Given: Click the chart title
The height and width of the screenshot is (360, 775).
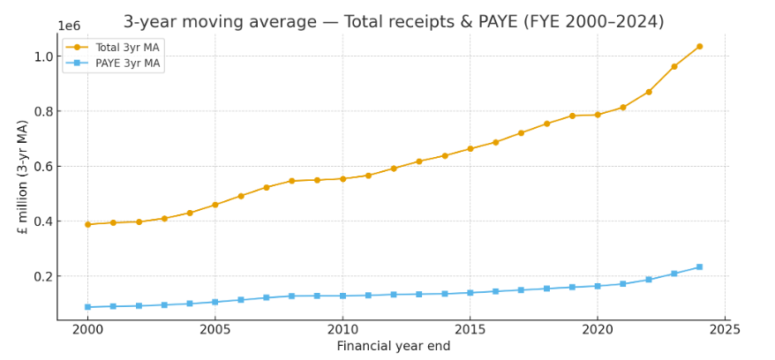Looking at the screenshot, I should coord(393,22).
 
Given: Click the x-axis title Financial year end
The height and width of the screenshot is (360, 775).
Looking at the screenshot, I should coord(393,346).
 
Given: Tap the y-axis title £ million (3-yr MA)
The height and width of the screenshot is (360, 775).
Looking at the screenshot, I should coord(23,176).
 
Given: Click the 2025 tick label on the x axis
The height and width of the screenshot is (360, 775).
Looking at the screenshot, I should coord(724,329).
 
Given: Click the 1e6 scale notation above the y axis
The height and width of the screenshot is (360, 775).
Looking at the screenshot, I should coord(69,26).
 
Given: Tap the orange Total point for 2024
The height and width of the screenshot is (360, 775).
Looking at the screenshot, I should coord(699,47).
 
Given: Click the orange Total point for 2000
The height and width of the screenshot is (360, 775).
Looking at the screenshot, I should coord(87,224).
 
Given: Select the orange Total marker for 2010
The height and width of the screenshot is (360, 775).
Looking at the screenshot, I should coord(342,179).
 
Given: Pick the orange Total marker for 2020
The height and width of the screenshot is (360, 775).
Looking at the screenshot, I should coord(598,115).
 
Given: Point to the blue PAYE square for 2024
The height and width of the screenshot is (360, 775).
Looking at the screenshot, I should coord(699,266).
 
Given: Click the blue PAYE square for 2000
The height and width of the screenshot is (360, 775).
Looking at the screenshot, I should coord(87,307).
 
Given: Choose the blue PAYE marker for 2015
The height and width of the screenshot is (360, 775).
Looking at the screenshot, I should coord(470,293).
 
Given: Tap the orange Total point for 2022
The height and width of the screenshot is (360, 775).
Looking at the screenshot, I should coord(648,92).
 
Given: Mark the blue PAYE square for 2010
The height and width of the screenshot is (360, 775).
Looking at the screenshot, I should coord(342,296).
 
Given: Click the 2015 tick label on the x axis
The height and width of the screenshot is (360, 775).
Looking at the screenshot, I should coord(470,329).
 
